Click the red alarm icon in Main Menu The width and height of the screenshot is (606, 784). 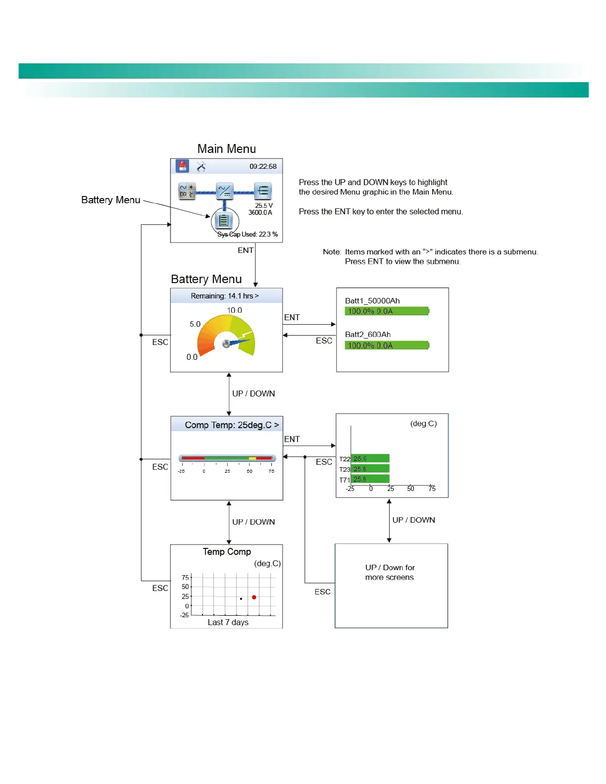pyautogui.click(x=183, y=166)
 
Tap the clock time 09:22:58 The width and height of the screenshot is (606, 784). pyautogui.click(x=263, y=166)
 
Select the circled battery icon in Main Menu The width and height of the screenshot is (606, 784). pyautogui.click(x=224, y=221)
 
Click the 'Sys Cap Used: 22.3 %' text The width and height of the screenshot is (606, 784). pyautogui.click(x=248, y=234)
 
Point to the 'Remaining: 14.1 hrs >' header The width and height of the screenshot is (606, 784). pyautogui.click(x=225, y=296)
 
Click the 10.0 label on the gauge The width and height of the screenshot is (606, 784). pyautogui.click(x=235, y=310)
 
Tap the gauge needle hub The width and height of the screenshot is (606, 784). pyautogui.click(x=226, y=343)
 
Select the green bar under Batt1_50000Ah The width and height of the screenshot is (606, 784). pyautogui.click(x=387, y=311)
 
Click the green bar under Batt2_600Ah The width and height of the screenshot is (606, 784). pyautogui.click(x=387, y=345)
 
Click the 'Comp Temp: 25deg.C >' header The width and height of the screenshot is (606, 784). pyautogui.click(x=232, y=425)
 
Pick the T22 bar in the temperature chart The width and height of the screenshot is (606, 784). pyautogui.click(x=370, y=459)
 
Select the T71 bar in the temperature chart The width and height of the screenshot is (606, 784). pyautogui.click(x=370, y=479)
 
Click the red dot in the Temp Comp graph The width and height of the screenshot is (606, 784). pyautogui.click(x=254, y=597)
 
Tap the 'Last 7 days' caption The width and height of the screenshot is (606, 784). pyautogui.click(x=228, y=622)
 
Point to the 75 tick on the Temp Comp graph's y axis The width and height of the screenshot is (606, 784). pyautogui.click(x=185, y=577)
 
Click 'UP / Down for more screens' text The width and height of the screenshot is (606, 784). pyautogui.click(x=390, y=572)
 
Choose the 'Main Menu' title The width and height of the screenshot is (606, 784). pyautogui.click(x=227, y=149)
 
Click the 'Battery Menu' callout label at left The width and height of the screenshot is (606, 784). pyautogui.click(x=111, y=200)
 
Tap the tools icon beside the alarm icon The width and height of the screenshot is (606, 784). pyautogui.click(x=201, y=166)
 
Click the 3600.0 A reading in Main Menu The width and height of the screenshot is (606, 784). pyautogui.click(x=260, y=213)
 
